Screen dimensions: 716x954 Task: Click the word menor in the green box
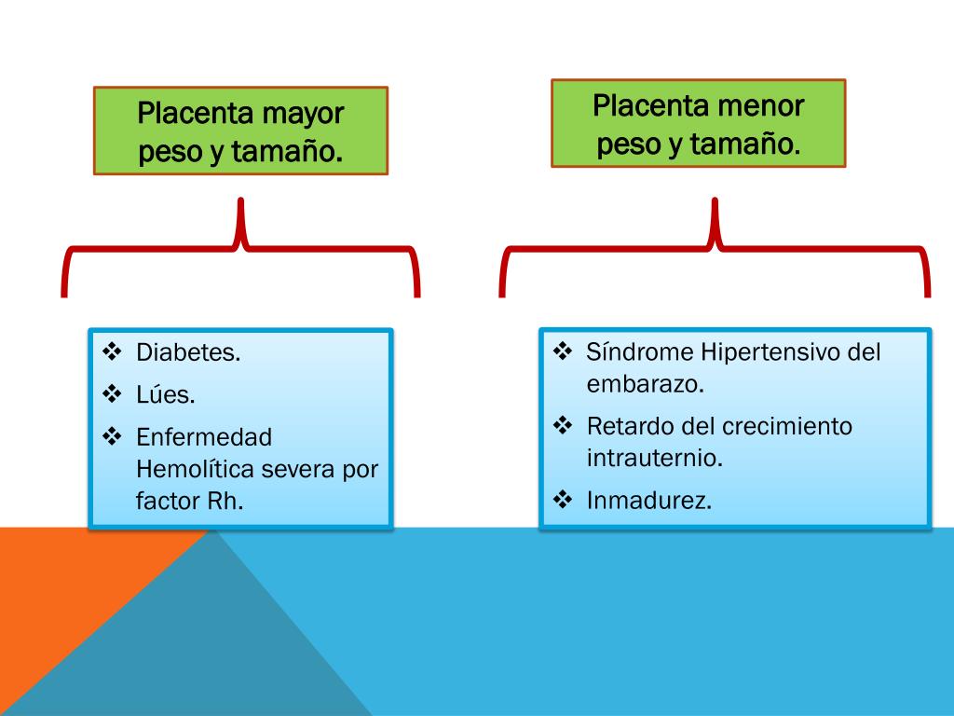coord(761,106)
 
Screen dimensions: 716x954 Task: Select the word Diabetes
coord(188,353)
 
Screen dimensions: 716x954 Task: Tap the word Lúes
coord(166,394)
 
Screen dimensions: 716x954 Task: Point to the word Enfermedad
coord(204,437)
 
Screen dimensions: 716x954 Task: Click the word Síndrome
coord(640,352)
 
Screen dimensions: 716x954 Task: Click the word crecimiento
coord(786,427)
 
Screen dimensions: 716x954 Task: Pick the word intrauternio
coord(654,458)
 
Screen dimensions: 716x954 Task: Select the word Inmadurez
coord(648,501)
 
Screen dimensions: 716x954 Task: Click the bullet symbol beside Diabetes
coord(112,352)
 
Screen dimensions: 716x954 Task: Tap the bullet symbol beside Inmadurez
coord(563,500)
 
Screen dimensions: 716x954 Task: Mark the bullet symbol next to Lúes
coord(112,393)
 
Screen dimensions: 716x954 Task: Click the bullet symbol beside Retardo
coord(563,426)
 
